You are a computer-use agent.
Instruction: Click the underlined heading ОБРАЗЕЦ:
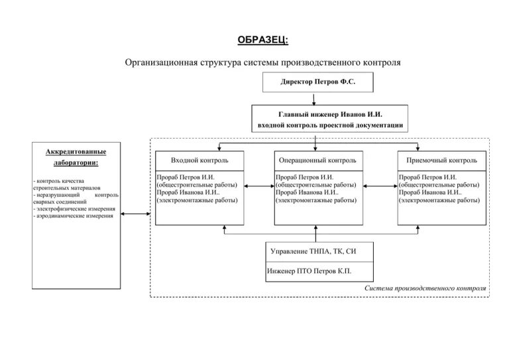[263, 39]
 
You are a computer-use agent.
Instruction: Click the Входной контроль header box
[199, 160]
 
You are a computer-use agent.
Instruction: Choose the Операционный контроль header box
[317, 160]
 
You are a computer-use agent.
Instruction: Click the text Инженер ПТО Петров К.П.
[309, 271]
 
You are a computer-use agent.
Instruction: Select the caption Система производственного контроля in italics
[425, 289]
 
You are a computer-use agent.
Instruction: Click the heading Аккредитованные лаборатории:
[76, 157]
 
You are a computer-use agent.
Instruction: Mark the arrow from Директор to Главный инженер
[313, 98]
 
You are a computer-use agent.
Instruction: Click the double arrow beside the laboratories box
[136, 213]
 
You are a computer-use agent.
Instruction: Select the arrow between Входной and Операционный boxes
[259, 189]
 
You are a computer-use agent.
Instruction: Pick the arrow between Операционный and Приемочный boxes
[380, 189]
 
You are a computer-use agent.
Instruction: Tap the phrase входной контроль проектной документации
[330, 125]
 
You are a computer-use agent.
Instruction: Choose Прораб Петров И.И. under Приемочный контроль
[427, 178]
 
